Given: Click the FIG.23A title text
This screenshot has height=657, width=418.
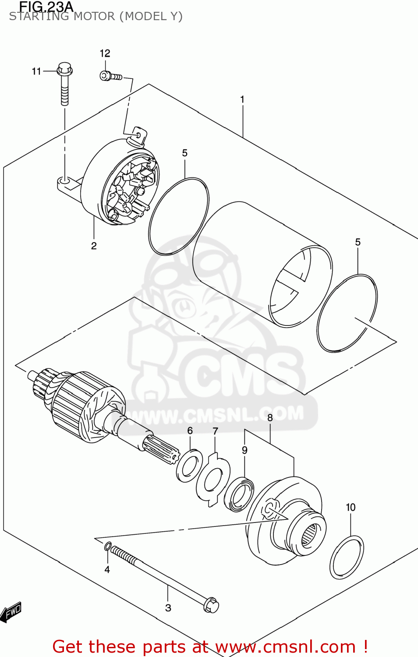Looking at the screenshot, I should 46,7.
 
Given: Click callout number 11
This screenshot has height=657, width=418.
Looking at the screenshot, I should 36,71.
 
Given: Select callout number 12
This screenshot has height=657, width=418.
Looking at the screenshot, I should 105,53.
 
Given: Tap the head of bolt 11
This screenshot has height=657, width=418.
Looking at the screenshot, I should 65,69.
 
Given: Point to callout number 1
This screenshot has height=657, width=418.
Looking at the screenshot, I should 242,100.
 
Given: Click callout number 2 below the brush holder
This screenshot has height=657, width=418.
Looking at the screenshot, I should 94,246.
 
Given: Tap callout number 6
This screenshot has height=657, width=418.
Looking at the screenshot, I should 190,431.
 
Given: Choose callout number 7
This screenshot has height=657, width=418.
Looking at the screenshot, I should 215,431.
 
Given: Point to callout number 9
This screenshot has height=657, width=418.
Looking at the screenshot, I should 244,450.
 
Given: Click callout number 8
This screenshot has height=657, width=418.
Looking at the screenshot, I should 270,417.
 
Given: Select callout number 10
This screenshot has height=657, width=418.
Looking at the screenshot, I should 351,507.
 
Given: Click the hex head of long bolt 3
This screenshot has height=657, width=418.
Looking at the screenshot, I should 211,605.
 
